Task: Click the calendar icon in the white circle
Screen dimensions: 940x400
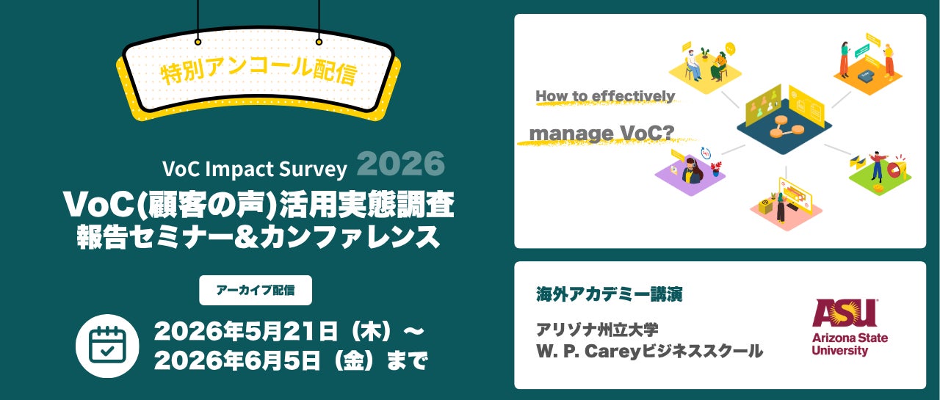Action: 107,346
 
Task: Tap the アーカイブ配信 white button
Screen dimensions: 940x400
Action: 256,290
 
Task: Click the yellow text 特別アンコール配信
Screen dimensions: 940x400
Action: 259,71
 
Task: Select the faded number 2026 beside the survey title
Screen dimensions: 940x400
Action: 401,164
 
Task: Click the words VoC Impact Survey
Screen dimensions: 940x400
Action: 255,169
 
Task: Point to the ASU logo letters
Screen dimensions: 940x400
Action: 845,313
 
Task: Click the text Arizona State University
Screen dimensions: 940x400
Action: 850,343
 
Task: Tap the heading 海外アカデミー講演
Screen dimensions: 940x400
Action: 610,294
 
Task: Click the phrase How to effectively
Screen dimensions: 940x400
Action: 605,95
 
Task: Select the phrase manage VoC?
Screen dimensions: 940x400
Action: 601,134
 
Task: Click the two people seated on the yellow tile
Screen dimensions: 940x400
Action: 706,65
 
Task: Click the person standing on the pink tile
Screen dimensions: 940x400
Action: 780,207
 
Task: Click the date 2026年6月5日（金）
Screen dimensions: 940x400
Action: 264,361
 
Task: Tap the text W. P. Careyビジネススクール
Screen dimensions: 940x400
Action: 650,351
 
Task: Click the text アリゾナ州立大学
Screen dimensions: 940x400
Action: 597,330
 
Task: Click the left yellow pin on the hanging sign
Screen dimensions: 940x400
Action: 198,42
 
